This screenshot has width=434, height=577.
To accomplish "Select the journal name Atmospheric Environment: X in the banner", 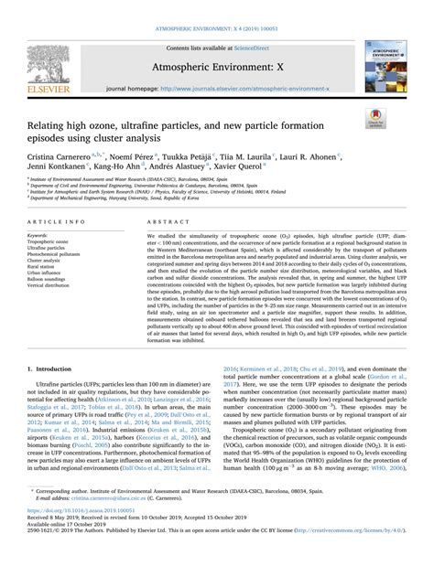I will pos(216,47).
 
